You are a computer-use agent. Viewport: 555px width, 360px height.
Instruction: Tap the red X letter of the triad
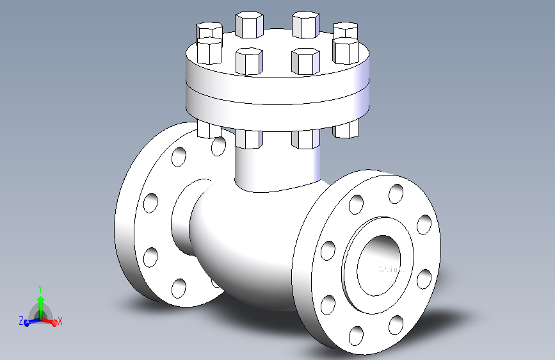60,320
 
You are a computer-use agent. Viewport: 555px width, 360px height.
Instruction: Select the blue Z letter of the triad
21,320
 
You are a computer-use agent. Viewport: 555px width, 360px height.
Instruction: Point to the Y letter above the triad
40,288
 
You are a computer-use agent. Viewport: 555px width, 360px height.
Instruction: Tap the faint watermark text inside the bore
392,270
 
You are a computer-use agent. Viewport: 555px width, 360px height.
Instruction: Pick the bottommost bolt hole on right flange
356,335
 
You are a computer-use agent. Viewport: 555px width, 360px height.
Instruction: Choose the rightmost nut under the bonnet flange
346,129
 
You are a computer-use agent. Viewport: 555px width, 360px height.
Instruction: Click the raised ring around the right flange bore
350,256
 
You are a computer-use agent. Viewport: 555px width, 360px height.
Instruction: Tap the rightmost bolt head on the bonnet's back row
346,29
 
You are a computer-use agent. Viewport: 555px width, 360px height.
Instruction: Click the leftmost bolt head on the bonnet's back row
209,31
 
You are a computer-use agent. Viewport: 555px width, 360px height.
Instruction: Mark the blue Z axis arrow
29,322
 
